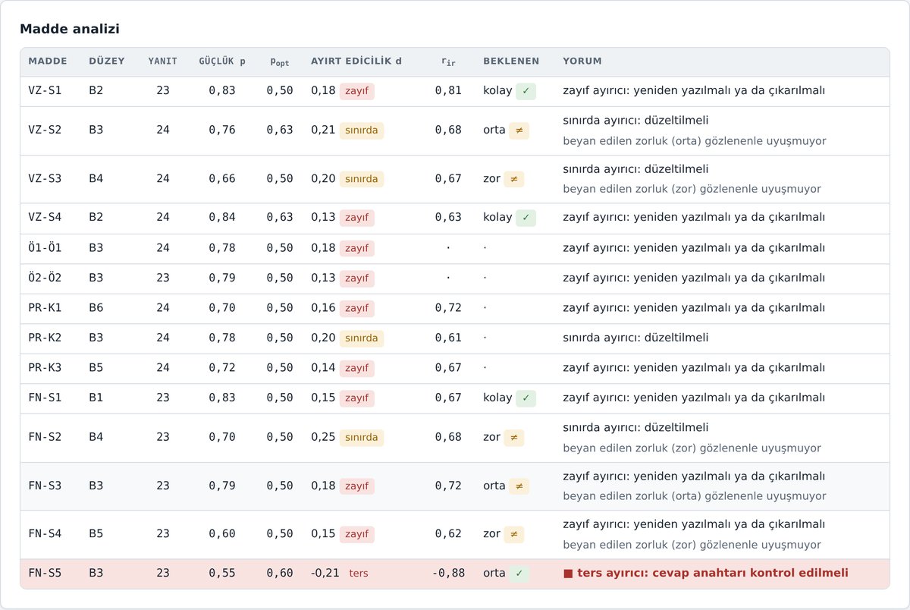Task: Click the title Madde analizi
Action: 70,29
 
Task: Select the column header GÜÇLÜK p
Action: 221,61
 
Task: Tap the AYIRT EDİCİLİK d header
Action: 356,61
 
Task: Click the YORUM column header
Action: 582,61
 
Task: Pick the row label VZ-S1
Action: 45,90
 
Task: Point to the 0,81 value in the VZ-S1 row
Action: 448,90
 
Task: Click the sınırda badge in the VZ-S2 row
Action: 361,130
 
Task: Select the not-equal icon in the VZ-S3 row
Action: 514,179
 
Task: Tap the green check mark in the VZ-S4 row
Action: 526,217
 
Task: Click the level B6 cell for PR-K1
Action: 96,307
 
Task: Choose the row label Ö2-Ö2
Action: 45,278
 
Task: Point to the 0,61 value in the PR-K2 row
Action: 448,338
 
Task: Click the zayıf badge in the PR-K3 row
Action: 356,368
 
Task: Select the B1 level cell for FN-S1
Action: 96,398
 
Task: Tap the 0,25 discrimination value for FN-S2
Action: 323,437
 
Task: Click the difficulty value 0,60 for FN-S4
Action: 221,533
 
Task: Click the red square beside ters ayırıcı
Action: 568,574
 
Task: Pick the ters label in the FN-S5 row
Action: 358,573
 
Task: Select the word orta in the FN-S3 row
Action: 494,486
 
